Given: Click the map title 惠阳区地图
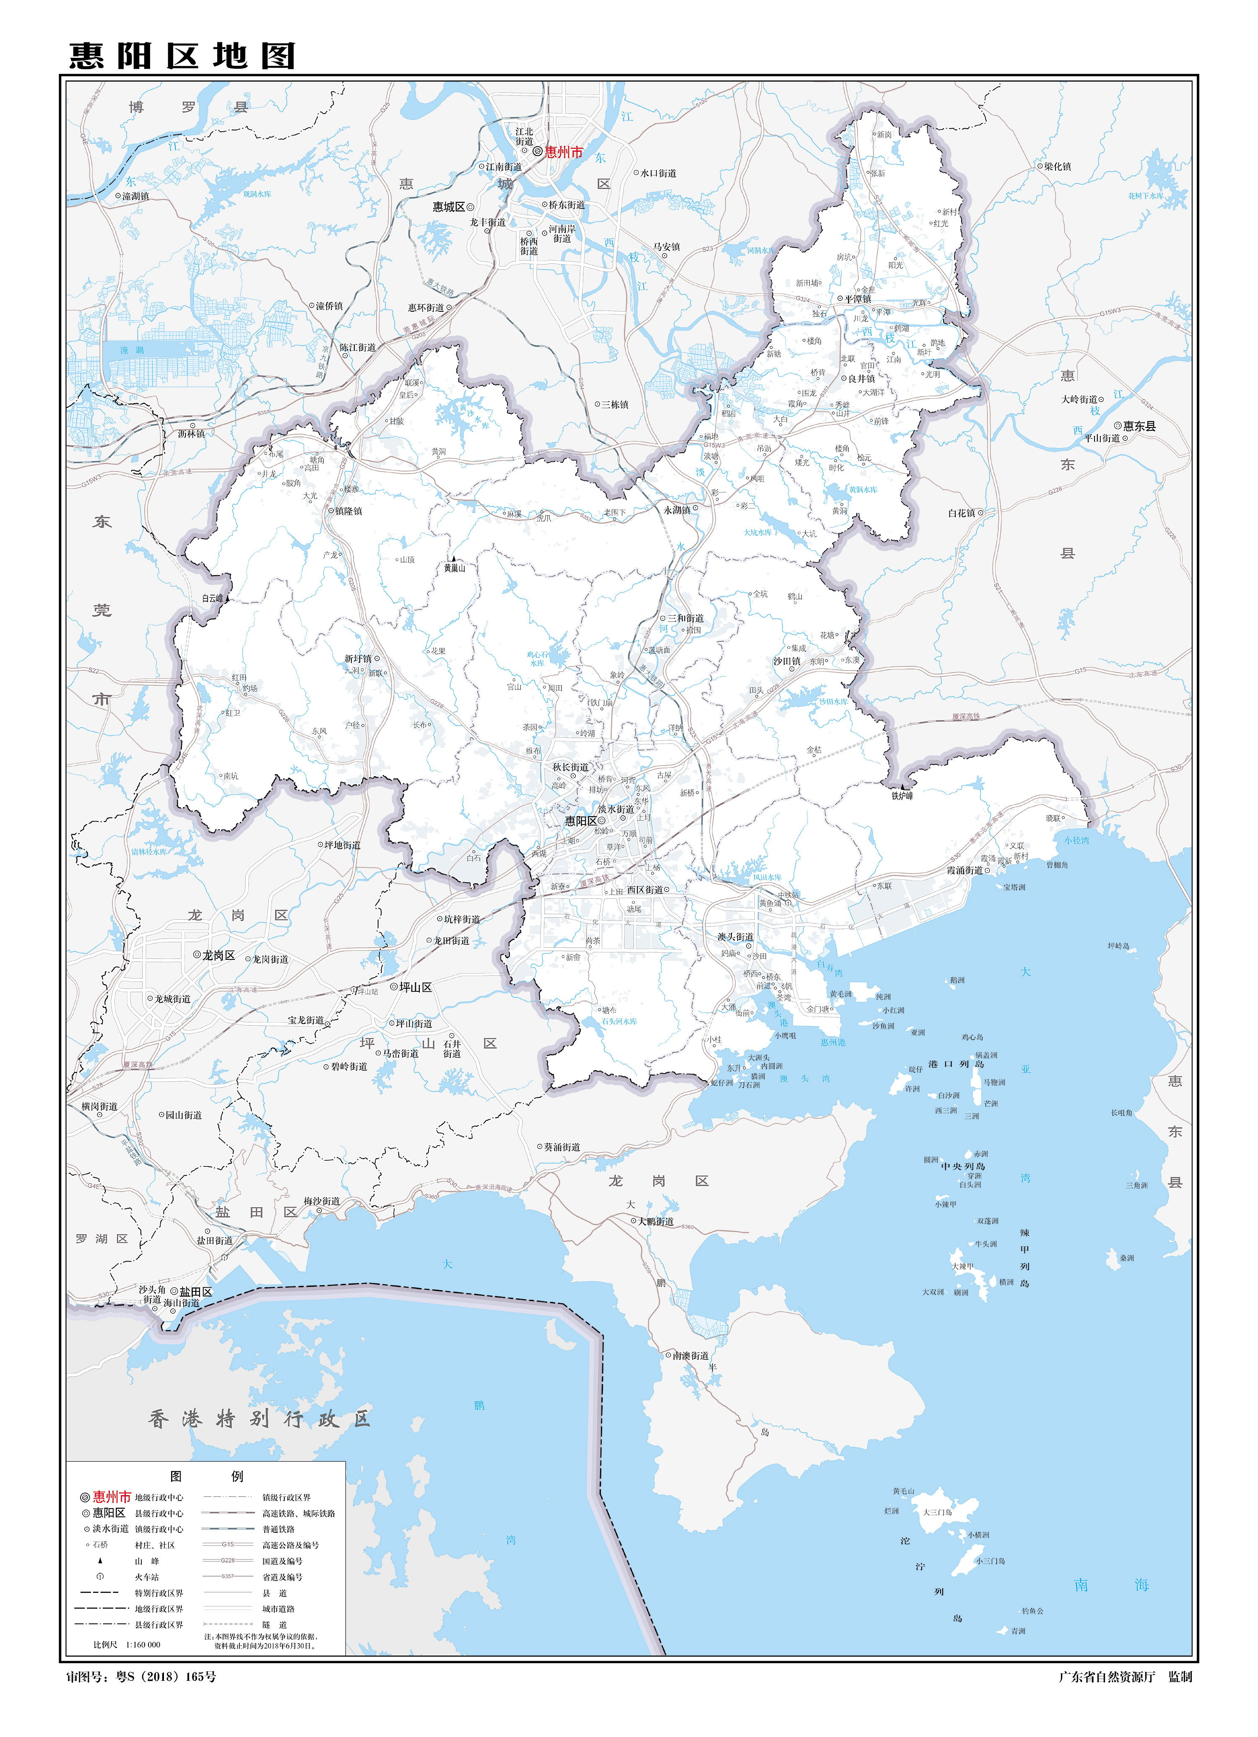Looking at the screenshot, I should click(182, 56).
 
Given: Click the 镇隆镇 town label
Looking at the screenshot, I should click(348, 511).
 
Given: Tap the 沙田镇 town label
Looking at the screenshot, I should click(787, 661).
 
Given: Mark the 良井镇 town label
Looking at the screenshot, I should click(862, 379).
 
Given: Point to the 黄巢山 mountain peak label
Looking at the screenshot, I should click(454, 568).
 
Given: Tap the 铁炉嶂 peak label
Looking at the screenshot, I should click(902, 796).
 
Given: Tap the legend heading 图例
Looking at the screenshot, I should click(206, 1476).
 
